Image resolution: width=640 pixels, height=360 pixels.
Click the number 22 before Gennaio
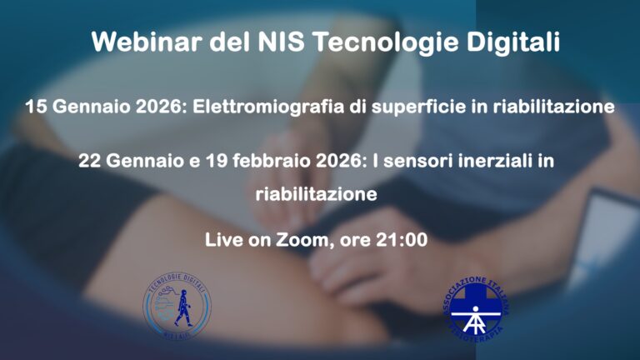(x=89, y=161)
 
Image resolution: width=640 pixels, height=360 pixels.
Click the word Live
(x=224, y=240)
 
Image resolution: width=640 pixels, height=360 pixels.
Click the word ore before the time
(x=354, y=240)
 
